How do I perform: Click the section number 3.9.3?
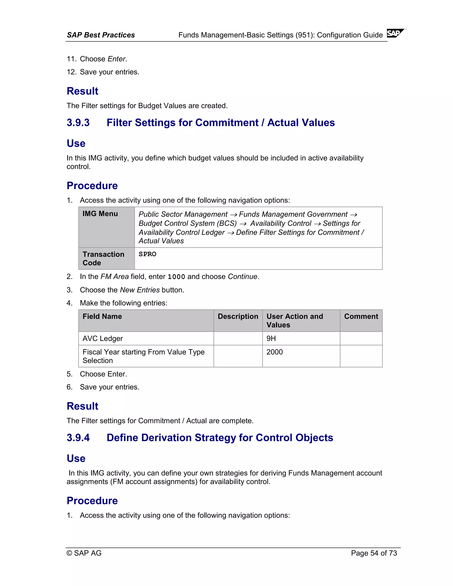[78, 123]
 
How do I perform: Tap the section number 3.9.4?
[78, 438]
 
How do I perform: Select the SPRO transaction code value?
[147, 254]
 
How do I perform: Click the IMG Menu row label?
[100, 214]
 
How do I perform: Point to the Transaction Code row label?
[103, 258]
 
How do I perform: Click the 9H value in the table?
[271, 338]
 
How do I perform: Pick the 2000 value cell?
[274, 352]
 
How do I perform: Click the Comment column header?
[361, 316]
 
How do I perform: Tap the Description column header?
[238, 316]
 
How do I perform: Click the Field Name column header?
[102, 316]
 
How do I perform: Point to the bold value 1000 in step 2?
[176, 277]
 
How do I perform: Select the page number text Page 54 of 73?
[374, 553]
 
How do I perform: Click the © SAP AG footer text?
[84, 553]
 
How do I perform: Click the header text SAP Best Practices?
[101, 35]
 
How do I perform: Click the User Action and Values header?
[295, 320]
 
